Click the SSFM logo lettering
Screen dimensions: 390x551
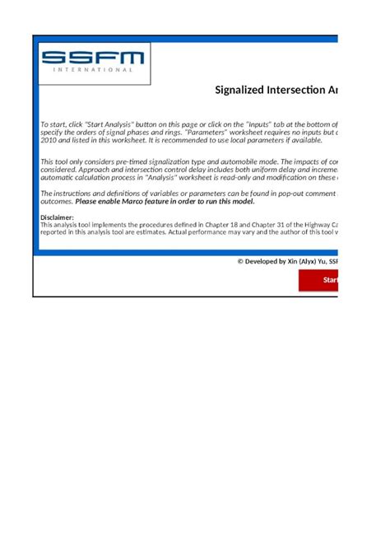pyautogui.click(x=92, y=57)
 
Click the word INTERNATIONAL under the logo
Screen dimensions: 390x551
pyautogui.click(x=92, y=70)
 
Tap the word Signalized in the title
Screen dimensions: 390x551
pyautogui.click(x=239, y=90)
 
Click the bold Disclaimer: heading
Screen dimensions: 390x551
pyautogui.click(x=58, y=217)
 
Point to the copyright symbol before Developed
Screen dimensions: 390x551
pyautogui.click(x=240, y=261)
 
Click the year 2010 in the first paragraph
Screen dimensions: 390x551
pyautogui.click(x=49, y=140)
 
